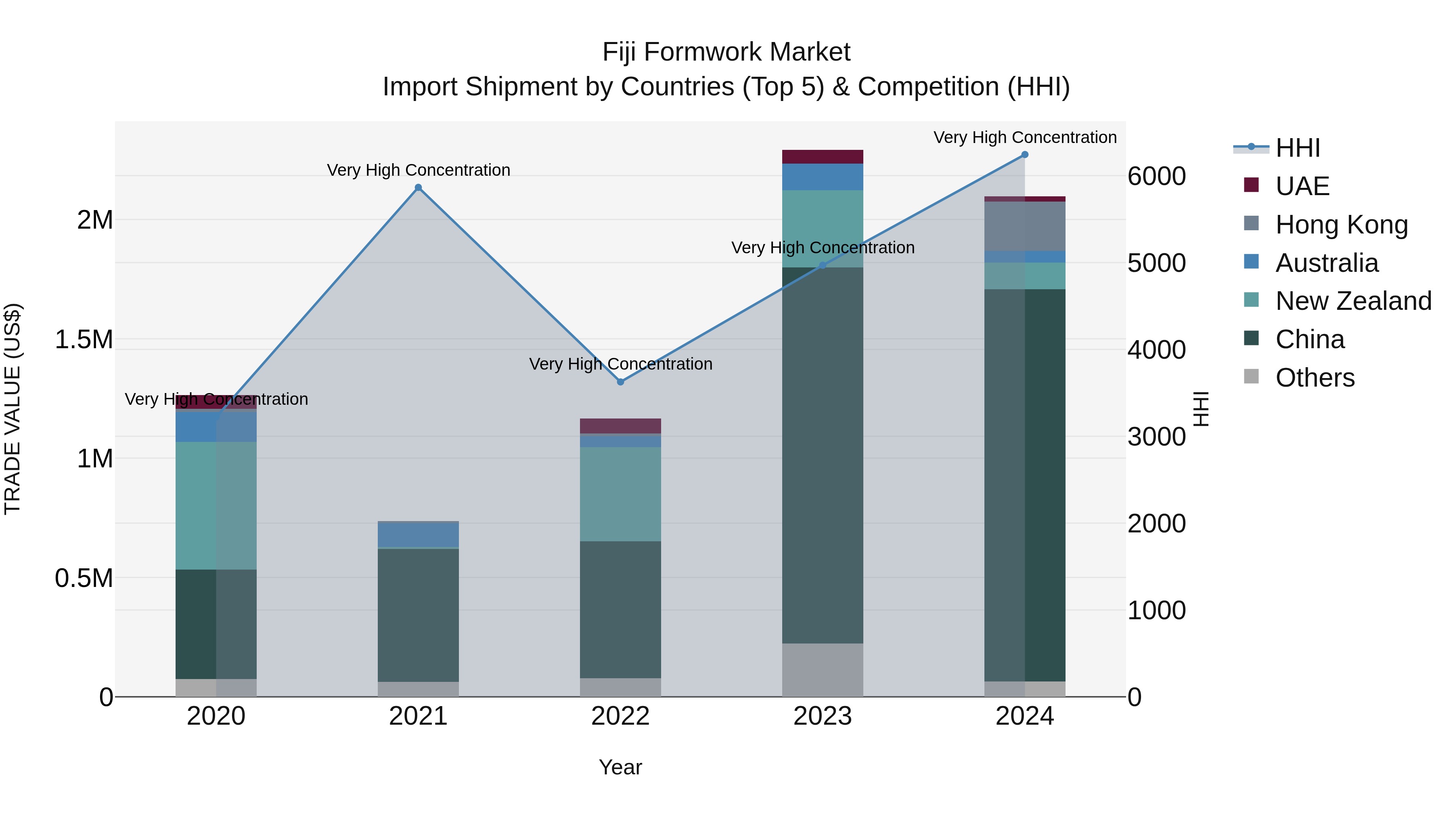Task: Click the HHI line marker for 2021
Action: (418, 187)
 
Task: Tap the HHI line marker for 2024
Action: (1025, 155)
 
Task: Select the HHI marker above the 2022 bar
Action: (620, 382)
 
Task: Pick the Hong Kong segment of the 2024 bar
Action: (1025, 226)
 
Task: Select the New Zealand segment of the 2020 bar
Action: (216, 505)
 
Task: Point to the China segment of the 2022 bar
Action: (620, 610)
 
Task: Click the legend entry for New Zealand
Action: (1353, 301)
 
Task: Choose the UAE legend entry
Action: (1302, 186)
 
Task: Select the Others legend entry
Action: (1314, 378)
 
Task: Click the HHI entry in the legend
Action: (1297, 148)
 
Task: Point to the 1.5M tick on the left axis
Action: (84, 340)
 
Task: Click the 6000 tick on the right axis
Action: (1156, 176)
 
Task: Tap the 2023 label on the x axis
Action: (823, 716)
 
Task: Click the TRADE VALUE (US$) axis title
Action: (13, 409)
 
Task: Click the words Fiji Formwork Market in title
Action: (726, 52)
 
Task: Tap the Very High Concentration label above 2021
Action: (418, 170)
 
